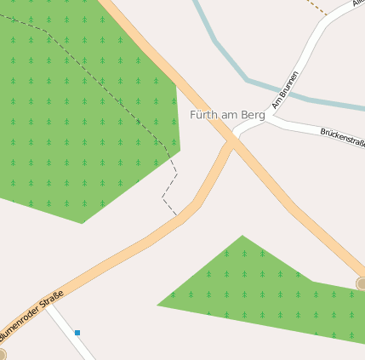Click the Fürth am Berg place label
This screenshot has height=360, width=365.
click(227, 115)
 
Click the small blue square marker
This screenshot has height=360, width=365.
click(77, 333)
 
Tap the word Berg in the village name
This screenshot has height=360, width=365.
click(254, 115)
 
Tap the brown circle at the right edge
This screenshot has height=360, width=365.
click(361, 283)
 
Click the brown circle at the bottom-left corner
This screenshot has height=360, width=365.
click(2, 354)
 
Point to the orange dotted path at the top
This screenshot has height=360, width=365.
click(316, 7)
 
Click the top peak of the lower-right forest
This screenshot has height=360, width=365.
click(242, 236)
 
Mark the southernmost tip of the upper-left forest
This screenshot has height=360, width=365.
click(83, 223)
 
